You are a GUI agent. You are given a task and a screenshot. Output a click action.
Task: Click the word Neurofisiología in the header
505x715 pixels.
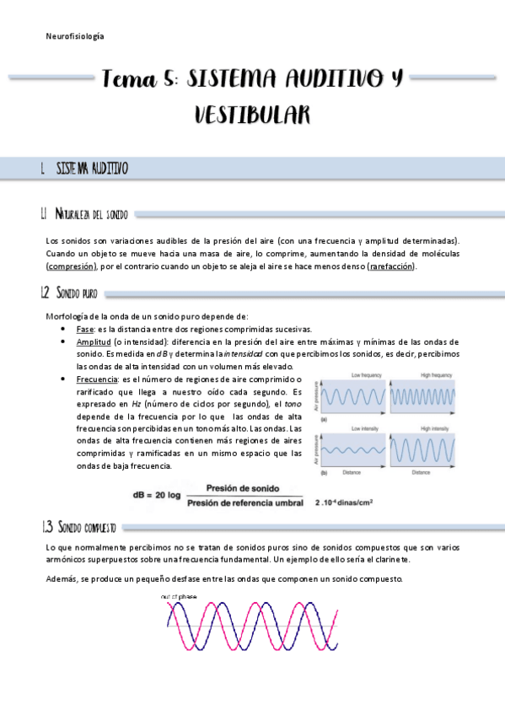click(75, 36)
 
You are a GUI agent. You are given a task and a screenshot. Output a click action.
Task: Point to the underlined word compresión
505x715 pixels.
click(71, 267)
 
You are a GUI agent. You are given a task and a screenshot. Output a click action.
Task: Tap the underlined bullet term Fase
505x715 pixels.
click(84, 329)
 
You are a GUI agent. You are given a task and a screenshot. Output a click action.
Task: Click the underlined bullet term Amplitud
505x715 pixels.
click(94, 341)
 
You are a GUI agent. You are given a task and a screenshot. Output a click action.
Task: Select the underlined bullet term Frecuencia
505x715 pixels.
click(99, 379)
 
